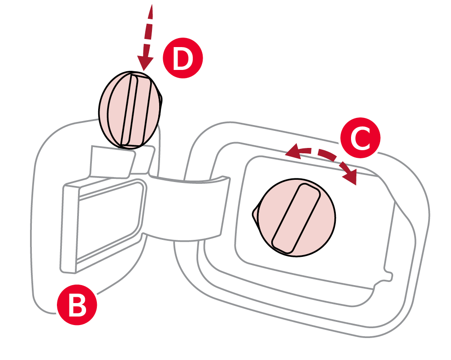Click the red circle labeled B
(x=77, y=308)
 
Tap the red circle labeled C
(x=360, y=139)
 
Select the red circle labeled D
(x=182, y=58)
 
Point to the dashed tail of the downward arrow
(x=149, y=27)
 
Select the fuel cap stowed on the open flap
(x=129, y=110)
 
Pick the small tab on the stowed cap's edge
(x=161, y=100)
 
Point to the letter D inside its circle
(x=182, y=58)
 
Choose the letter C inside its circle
(x=360, y=139)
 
